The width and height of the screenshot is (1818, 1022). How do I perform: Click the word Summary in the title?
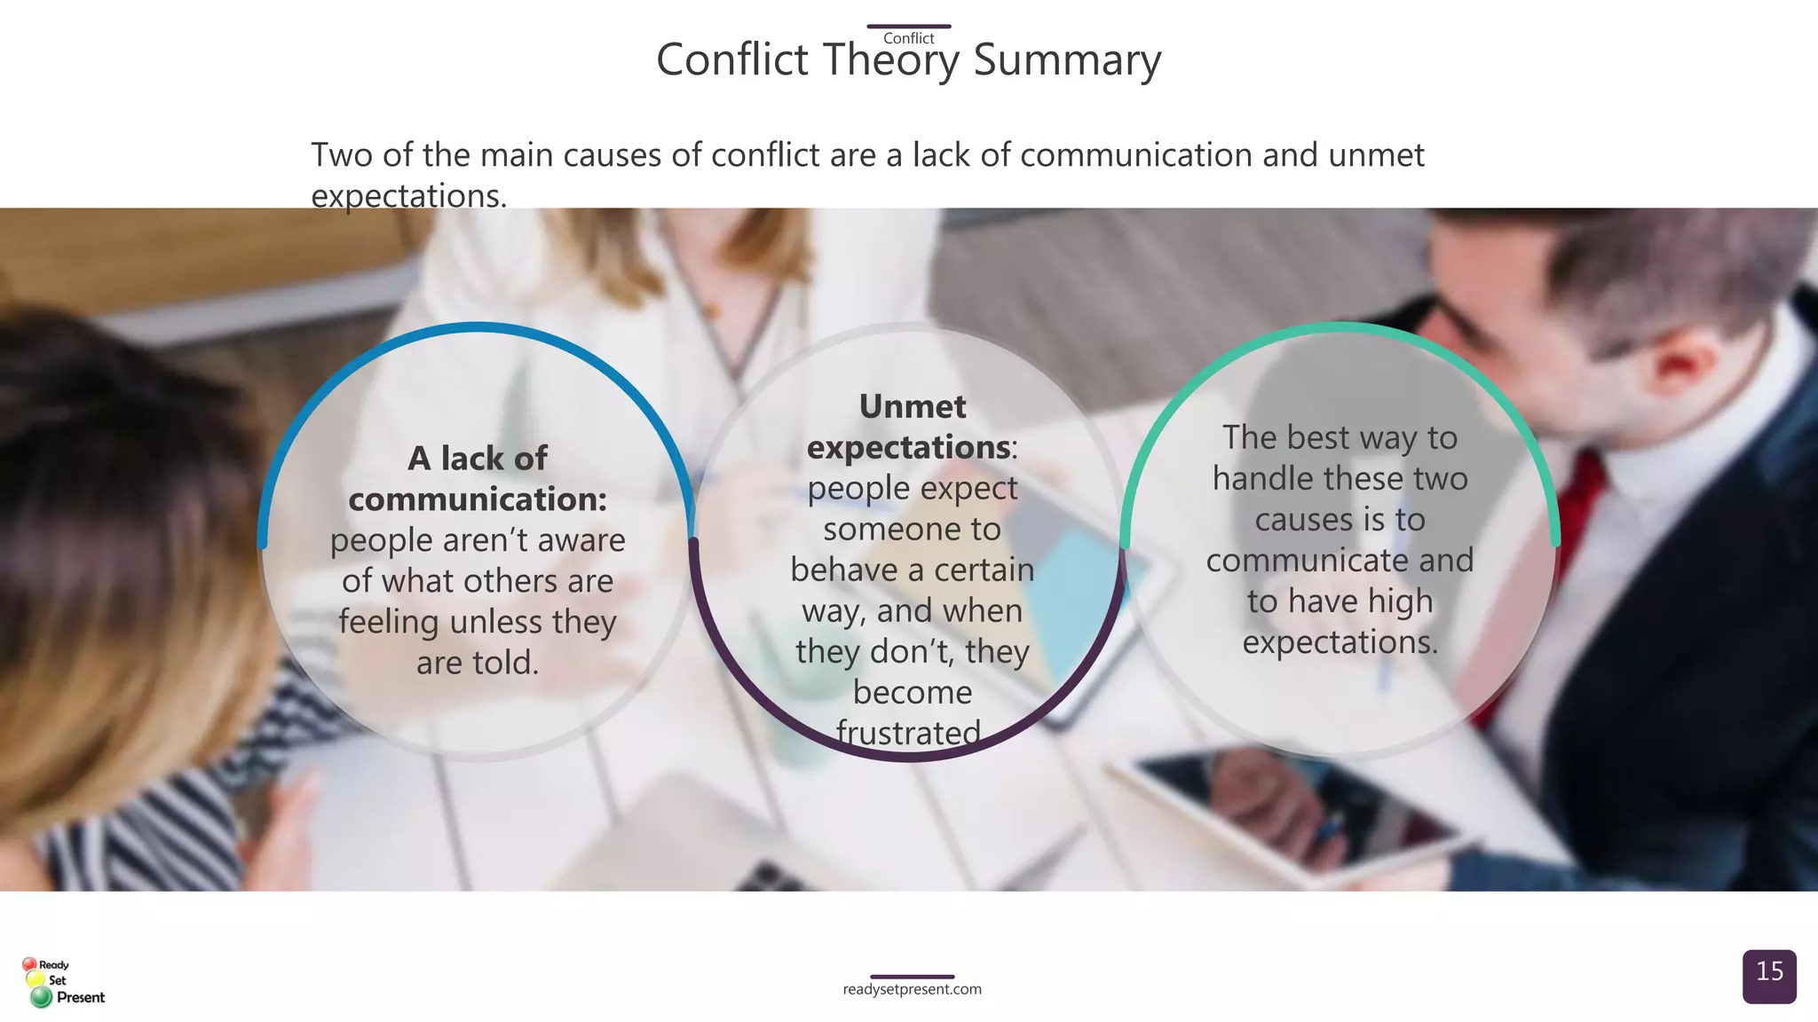tap(1067, 60)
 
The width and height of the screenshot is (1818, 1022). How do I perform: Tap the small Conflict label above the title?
tap(908, 38)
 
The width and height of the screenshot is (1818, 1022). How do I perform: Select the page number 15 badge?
tap(1769, 975)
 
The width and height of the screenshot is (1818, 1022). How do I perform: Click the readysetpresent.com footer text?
tap(912, 989)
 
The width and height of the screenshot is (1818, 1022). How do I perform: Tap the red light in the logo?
tap(29, 964)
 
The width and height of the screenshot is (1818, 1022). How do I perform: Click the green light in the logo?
tap(41, 998)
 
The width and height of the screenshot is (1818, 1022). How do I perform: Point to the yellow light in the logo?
tap(36, 979)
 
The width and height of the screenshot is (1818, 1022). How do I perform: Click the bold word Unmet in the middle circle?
tap(912, 406)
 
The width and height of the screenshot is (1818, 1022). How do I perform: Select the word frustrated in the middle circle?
tap(908, 733)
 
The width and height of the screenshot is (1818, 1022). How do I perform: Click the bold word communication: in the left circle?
tap(478, 499)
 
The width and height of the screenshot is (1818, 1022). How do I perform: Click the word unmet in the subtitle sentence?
tap(1376, 155)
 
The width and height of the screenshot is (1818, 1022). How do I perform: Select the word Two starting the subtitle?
tap(342, 155)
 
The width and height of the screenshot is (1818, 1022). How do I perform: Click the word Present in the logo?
tap(80, 997)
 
